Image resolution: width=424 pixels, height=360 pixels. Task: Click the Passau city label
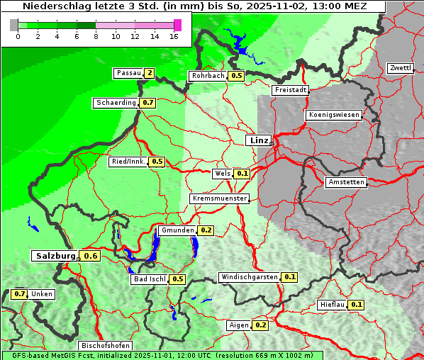click(128, 73)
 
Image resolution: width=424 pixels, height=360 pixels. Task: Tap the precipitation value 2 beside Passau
click(149, 73)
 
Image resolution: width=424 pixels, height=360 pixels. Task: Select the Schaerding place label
click(116, 103)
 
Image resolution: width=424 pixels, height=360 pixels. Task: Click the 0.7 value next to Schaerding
click(147, 103)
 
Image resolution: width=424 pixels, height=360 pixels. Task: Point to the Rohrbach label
click(207, 76)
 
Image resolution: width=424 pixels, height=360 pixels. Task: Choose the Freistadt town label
click(291, 90)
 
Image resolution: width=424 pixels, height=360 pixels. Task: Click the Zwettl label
click(400, 68)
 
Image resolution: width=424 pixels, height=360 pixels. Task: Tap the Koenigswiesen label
click(334, 115)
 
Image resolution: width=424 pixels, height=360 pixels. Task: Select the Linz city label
click(259, 140)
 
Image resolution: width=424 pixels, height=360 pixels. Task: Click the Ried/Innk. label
click(128, 162)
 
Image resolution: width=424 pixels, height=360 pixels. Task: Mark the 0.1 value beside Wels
click(242, 174)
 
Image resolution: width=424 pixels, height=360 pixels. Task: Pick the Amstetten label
click(345, 182)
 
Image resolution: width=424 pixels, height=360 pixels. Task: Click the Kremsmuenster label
click(220, 198)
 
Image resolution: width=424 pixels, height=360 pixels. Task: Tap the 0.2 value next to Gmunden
click(206, 230)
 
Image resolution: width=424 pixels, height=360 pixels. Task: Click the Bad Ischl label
click(149, 279)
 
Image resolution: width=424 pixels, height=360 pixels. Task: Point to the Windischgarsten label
click(249, 277)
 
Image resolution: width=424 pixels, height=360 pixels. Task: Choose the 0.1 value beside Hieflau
click(357, 305)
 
